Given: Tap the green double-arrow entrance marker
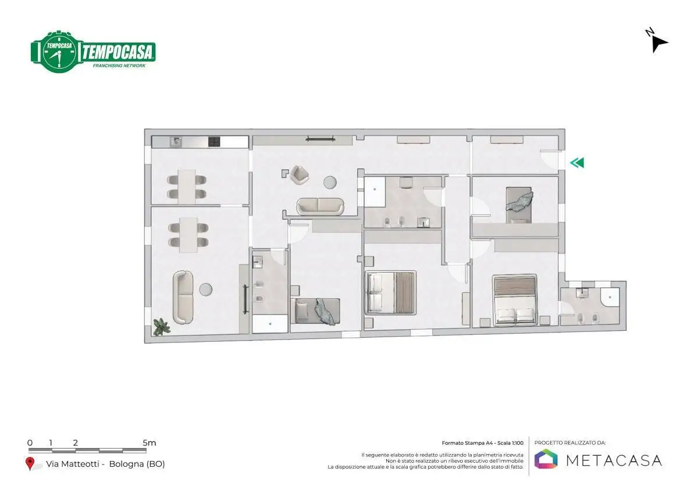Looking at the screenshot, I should tap(576, 163).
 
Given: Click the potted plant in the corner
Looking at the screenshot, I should tap(161, 327).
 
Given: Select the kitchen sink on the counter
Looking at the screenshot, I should tap(176, 141).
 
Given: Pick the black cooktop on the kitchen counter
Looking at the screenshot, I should tap(214, 141).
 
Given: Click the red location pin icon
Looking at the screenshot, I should tap(30, 463).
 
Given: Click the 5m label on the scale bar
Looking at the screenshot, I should tap(149, 443).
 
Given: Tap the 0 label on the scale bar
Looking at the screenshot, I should tap(30, 443).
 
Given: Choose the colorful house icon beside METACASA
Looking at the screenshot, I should tap(546, 459).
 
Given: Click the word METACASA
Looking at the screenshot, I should tap(614, 460).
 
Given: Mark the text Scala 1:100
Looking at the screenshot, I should tap(508, 443).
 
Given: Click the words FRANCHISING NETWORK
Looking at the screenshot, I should tap(119, 66).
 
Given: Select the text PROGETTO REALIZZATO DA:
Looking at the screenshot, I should tap(570, 443).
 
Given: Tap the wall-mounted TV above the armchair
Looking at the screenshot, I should tap(320, 138).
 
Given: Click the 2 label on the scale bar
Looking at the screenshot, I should tap(76, 443).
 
